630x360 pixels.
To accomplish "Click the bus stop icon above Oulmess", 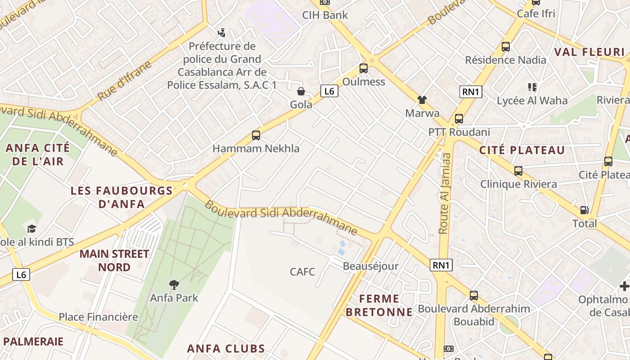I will click(x=364, y=68).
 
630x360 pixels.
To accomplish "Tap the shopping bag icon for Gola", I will click(x=301, y=91).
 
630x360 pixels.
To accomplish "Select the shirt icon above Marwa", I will click(x=422, y=99).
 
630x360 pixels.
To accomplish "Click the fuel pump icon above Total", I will click(x=585, y=210).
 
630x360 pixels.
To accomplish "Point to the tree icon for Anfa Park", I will click(x=174, y=284).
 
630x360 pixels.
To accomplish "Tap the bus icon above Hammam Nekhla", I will click(x=256, y=135).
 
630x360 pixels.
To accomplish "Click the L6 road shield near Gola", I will click(x=329, y=91).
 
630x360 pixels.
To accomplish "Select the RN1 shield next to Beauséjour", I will click(x=441, y=265).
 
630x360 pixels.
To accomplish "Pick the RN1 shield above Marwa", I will click(x=471, y=92).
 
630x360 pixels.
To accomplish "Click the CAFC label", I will click(x=302, y=272).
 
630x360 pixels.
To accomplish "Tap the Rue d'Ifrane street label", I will click(x=124, y=81).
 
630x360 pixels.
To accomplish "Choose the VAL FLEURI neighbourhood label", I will click(x=589, y=52).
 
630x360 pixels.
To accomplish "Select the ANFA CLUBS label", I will click(x=226, y=348).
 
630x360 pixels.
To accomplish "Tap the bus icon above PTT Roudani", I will click(x=459, y=119).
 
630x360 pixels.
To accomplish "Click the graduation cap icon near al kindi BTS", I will click(x=31, y=229).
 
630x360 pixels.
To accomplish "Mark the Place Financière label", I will click(x=98, y=317).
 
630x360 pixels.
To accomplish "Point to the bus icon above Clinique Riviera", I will click(x=518, y=171).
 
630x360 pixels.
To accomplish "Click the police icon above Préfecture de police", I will click(x=221, y=32).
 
